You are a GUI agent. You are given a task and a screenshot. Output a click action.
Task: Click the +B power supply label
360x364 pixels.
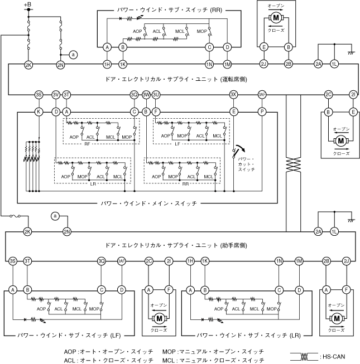(28, 4)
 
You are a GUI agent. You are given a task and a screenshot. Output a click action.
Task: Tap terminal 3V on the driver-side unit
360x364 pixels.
(56, 95)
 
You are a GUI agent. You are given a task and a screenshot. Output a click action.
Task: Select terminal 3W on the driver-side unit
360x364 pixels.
(146, 95)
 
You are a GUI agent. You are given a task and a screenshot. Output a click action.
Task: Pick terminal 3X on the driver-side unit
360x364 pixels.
(233, 95)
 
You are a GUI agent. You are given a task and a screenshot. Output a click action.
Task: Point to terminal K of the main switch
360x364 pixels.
(39, 112)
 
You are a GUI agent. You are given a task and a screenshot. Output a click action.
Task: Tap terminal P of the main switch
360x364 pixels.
(261, 112)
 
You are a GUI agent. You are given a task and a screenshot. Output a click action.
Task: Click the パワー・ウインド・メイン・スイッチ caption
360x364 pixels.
(148, 203)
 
